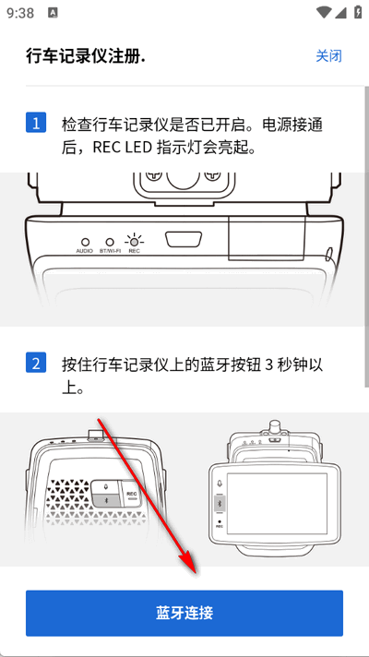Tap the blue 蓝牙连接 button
[184, 613]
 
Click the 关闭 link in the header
[328, 55]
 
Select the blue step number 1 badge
[36, 123]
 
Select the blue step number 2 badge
[36, 363]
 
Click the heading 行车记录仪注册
[86, 56]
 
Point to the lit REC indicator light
[134, 242]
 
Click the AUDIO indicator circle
[85, 242]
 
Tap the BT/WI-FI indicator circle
[110, 242]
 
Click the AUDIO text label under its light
[85, 251]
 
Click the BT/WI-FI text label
[110, 251]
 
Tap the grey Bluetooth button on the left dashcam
[106, 501]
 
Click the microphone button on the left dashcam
[106, 487]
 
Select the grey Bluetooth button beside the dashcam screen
[220, 502]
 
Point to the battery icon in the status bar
[358, 12]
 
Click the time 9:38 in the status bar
[20, 13]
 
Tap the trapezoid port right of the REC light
[184, 240]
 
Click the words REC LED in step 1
[123, 148]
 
